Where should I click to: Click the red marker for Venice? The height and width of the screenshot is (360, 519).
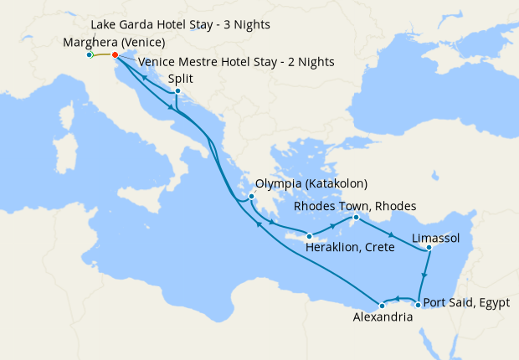click(x=115, y=56)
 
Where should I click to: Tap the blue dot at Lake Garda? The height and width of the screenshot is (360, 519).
click(x=89, y=55)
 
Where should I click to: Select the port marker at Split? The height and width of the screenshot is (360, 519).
click(x=177, y=91)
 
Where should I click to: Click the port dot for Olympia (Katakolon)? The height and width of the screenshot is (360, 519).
click(x=252, y=197)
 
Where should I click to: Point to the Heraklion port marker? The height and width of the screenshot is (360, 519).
click(x=310, y=235)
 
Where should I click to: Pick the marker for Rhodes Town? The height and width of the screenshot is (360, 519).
click(x=355, y=219)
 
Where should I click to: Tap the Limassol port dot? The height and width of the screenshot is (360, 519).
click(x=428, y=247)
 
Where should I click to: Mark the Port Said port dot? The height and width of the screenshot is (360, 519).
click(x=418, y=303)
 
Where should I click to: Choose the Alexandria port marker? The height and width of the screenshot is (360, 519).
click(x=382, y=304)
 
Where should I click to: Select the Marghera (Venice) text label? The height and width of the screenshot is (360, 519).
click(x=113, y=43)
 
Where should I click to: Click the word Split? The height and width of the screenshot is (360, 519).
click(x=182, y=78)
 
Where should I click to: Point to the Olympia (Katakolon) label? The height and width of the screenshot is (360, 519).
click(x=311, y=183)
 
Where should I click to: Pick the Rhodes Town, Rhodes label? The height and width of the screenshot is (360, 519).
click(x=354, y=206)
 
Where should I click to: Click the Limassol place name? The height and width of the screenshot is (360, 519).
click(x=436, y=239)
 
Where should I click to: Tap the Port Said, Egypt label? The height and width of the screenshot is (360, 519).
click(x=466, y=302)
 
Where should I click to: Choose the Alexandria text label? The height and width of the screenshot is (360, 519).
click(x=382, y=318)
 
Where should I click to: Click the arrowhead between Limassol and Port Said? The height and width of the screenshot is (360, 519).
click(x=425, y=274)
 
